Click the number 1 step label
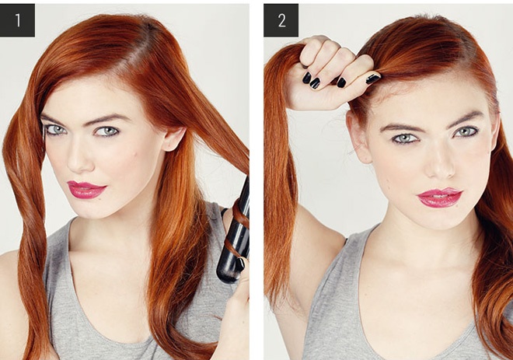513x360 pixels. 17,20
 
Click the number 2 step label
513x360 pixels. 281,20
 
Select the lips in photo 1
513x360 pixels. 86,190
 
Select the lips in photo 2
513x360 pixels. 439,197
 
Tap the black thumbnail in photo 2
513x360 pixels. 373,79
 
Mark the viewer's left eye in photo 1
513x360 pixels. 56,130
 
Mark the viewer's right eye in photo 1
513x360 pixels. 106,131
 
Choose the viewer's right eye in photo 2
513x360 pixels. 466,131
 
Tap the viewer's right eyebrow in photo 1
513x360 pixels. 108,118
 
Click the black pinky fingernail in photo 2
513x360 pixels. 307,78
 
